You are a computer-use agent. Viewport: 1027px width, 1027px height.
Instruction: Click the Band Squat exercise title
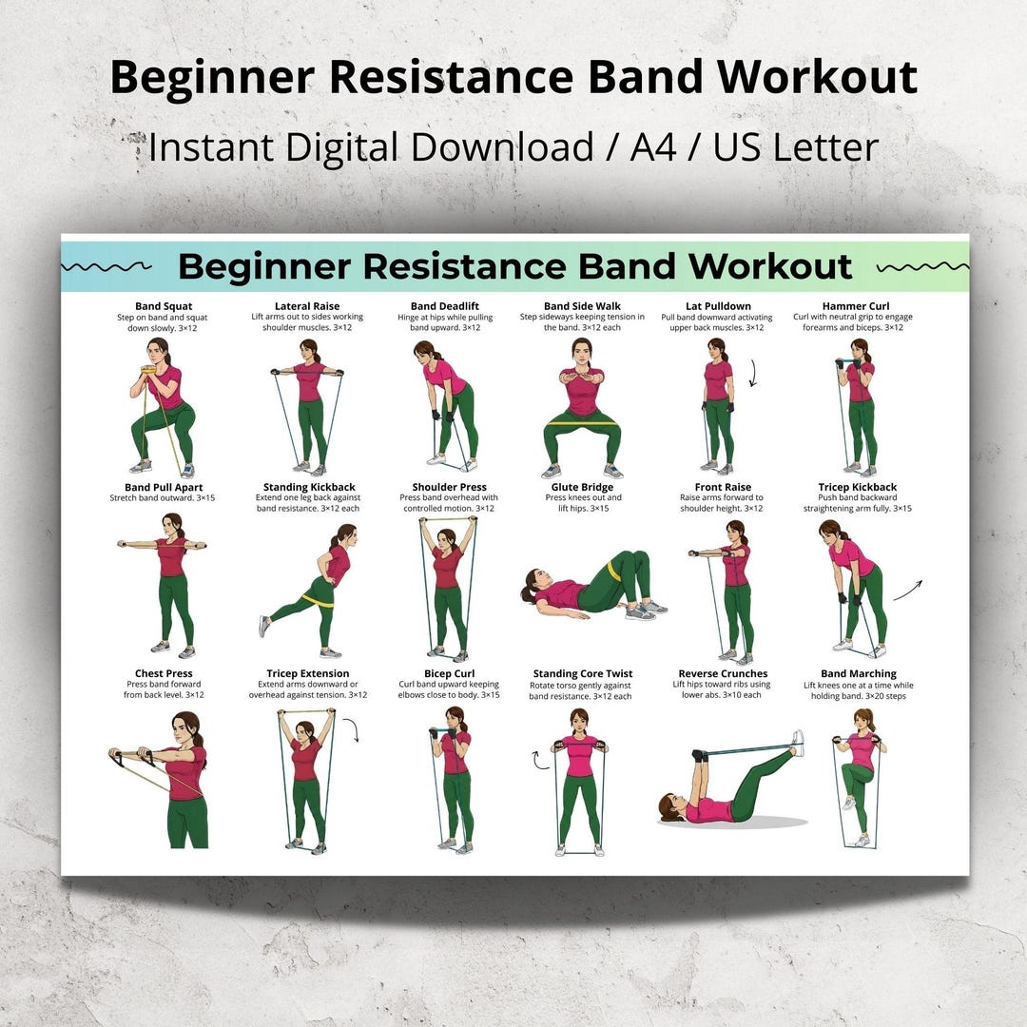164,306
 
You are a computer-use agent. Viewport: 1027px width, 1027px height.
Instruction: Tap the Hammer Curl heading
856,306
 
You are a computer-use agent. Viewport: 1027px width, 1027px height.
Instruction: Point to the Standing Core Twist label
582,673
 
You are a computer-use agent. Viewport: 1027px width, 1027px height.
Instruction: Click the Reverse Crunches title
723,673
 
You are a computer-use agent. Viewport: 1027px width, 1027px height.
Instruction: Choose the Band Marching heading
858,673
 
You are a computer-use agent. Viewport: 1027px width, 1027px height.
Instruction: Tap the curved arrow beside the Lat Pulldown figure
753,373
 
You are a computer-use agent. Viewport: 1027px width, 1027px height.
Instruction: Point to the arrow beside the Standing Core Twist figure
539,759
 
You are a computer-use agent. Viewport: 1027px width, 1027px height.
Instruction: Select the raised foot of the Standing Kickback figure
263,627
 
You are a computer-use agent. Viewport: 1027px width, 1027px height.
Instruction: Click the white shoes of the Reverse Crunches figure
797,743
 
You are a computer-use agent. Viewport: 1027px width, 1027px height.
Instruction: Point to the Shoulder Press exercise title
449,487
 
